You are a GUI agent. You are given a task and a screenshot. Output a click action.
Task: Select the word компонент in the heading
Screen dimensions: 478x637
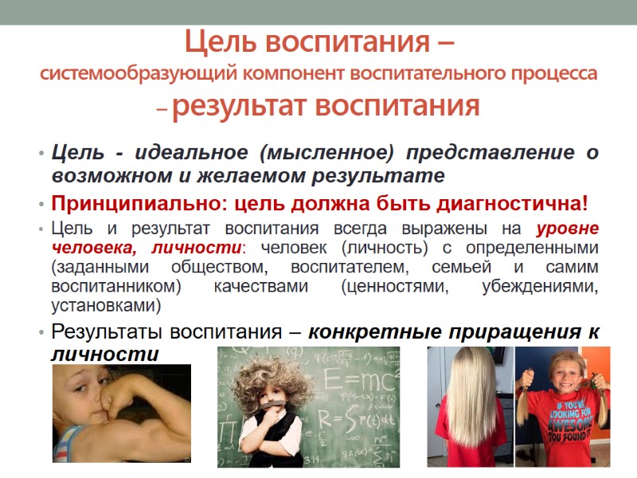point(299,74)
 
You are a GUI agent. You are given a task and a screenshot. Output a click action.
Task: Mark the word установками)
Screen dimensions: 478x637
point(106,306)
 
